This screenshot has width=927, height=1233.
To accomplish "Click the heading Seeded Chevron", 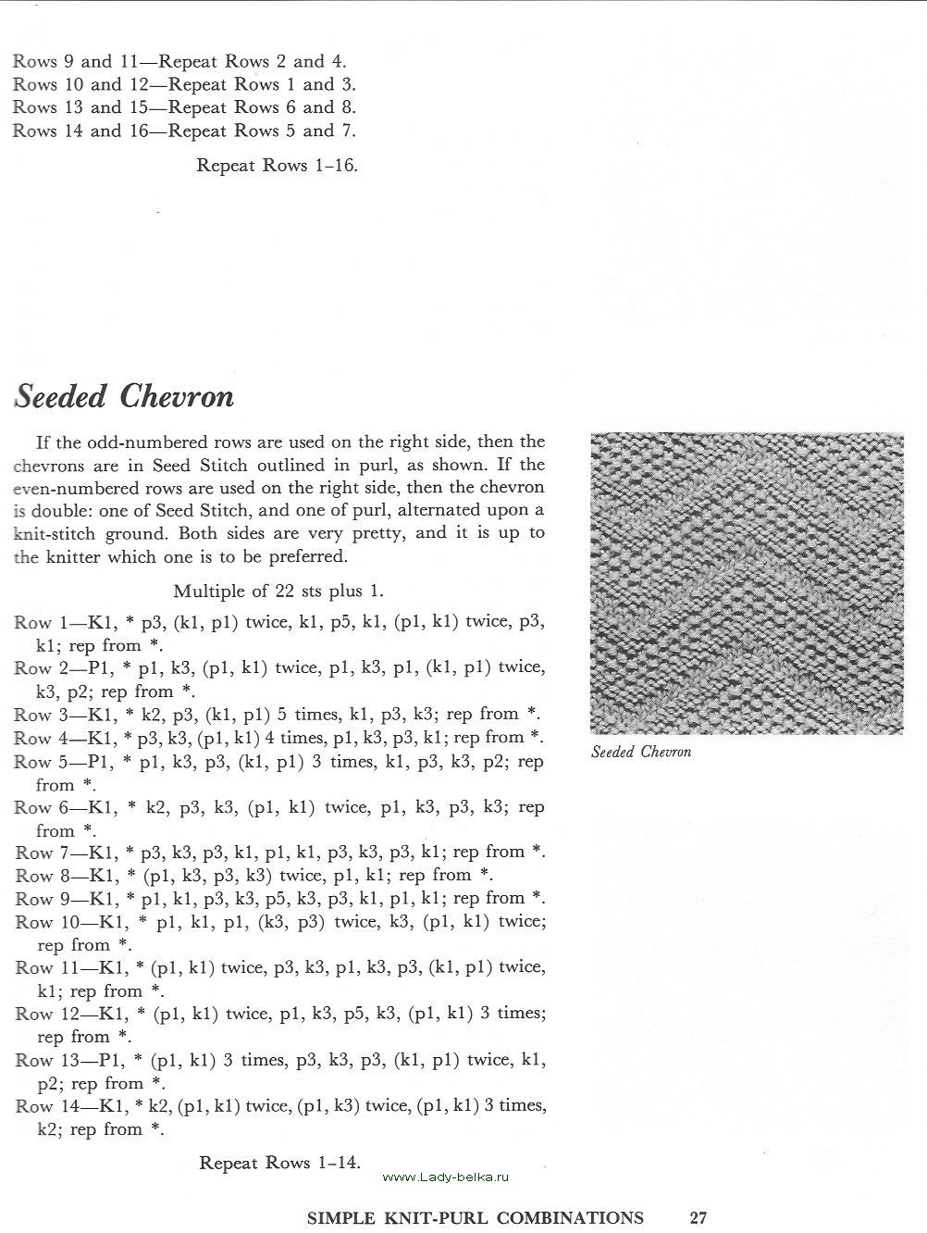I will click(x=124, y=397).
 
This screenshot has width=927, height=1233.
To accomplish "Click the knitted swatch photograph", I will click(x=746, y=582).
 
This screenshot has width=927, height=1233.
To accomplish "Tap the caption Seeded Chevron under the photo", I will click(x=641, y=752).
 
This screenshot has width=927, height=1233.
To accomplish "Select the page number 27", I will click(x=698, y=1217).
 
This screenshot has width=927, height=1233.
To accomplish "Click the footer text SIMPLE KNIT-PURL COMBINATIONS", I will click(x=475, y=1217).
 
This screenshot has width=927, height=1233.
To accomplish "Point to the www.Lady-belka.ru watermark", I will click(x=445, y=1177).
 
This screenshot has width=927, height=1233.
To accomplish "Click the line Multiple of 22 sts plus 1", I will click(x=278, y=591).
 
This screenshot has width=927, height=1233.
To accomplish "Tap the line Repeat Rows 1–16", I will click(x=278, y=166).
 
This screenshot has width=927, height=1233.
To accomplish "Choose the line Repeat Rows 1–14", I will click(x=279, y=1163).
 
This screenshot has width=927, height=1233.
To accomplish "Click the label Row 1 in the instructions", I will click(x=33, y=622).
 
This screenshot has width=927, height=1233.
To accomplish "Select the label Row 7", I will click(x=33, y=852).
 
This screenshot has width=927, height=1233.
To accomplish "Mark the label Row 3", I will click(x=33, y=715).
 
